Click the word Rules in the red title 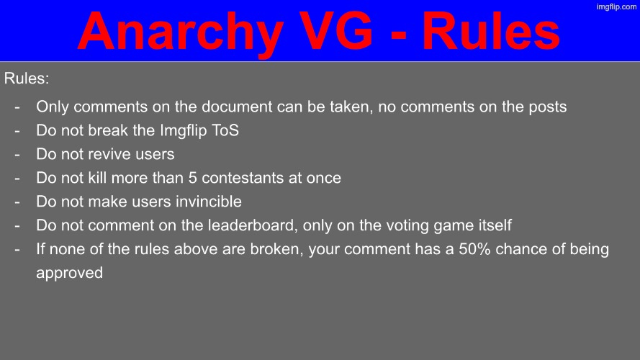491,32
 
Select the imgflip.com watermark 617,6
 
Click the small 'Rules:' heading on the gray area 27,78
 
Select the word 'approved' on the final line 69,274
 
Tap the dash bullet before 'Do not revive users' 17,154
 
